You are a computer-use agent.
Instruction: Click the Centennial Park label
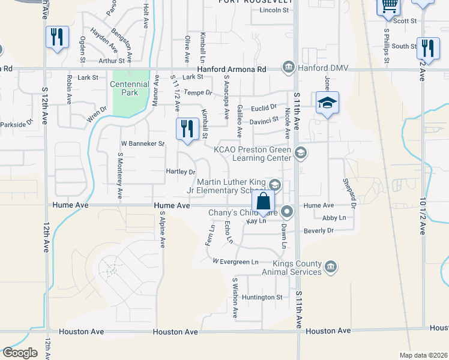point(129,89)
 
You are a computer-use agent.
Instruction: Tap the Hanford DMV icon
point(289,66)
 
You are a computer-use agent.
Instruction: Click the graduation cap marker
point(327,103)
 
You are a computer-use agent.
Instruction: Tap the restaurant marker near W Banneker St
point(187,129)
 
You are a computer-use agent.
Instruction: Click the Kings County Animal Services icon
point(330,266)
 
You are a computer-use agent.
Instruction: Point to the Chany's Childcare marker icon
point(288,211)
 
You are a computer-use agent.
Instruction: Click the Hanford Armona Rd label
point(240,70)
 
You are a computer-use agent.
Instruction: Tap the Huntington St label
point(262,297)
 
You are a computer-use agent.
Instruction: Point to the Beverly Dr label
point(318,230)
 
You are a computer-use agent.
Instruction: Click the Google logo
point(20,353)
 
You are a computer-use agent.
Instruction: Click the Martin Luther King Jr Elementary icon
point(276,184)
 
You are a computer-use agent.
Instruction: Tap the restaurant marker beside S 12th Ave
point(57,37)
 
